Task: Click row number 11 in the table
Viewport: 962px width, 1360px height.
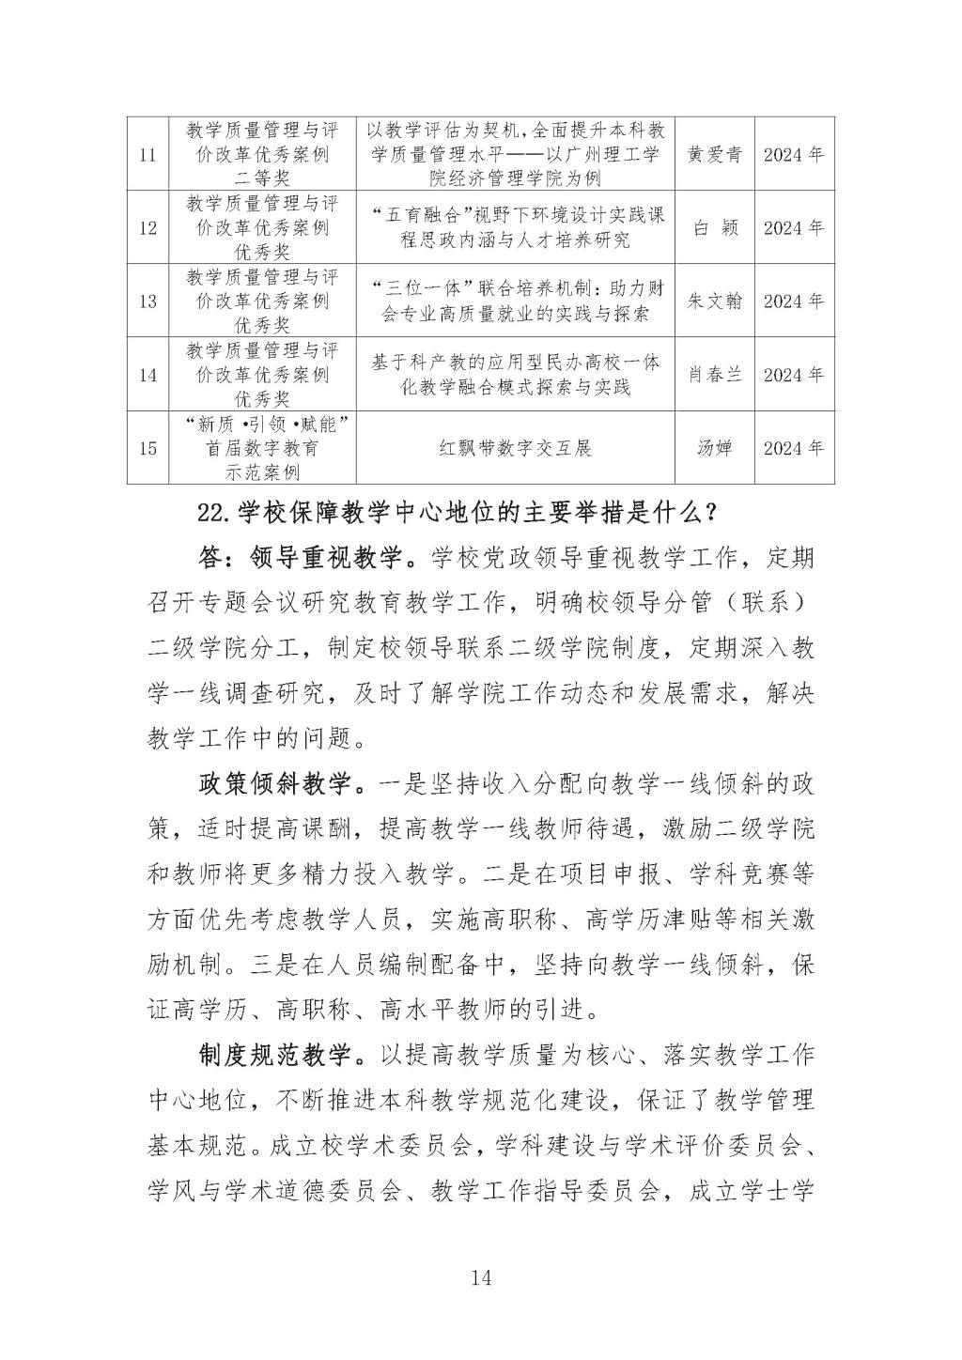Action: tap(147, 154)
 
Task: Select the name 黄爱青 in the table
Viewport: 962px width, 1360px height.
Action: tap(715, 154)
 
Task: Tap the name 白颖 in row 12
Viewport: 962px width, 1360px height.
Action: tap(715, 227)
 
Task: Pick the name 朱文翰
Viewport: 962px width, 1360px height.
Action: tap(715, 301)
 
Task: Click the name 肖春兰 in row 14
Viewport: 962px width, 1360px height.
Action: tap(715, 374)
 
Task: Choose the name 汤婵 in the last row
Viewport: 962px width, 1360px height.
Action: tap(715, 447)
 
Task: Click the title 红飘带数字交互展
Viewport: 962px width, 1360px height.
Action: tap(516, 447)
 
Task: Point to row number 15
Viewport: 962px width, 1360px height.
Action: tap(147, 447)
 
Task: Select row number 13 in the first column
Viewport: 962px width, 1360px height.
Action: tap(147, 301)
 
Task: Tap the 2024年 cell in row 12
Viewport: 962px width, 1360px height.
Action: tap(794, 227)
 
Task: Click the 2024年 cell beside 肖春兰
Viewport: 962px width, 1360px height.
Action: tap(794, 374)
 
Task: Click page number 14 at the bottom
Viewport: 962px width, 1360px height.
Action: tap(480, 1277)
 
